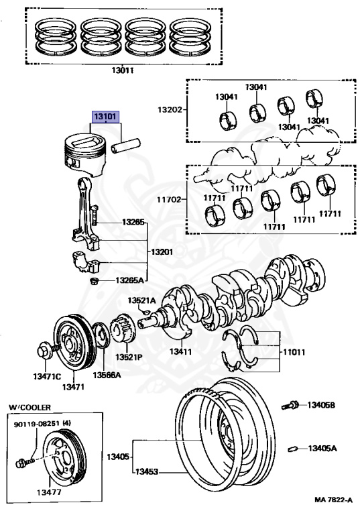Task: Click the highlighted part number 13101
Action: pos(105,117)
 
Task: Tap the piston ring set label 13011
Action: pos(122,70)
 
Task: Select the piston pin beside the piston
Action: pos(125,146)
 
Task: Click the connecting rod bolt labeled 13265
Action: pos(95,215)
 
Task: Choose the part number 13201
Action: pos(162,252)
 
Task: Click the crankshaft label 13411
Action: pos(180,351)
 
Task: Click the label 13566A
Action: pos(107,375)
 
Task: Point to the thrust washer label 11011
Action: pos(294,352)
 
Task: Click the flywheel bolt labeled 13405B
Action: pos(290,406)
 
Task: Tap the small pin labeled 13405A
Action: pos(293,449)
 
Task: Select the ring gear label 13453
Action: pos(147,471)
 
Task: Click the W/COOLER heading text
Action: pos(30,407)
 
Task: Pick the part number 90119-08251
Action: pos(37,424)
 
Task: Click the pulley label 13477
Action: pos(49,492)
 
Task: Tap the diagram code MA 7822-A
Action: pos(333,500)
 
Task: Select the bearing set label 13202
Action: pos(170,109)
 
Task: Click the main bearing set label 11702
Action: pos(169,199)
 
